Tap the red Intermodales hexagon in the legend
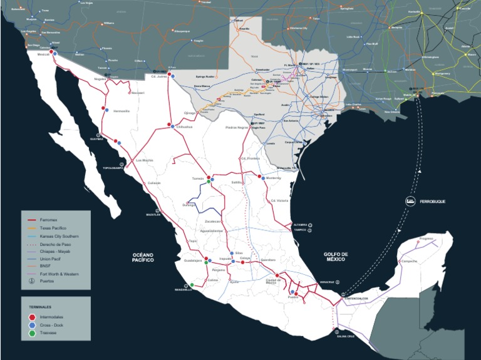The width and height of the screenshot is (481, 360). point(32,317)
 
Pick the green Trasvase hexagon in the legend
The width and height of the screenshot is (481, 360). point(32,334)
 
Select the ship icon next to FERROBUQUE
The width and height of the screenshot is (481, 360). point(408,201)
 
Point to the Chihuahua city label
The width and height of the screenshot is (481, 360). point(184,126)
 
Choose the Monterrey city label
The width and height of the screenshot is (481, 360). point(274,178)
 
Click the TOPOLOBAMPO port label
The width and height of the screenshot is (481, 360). point(115,168)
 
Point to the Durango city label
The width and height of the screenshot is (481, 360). point(189,205)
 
